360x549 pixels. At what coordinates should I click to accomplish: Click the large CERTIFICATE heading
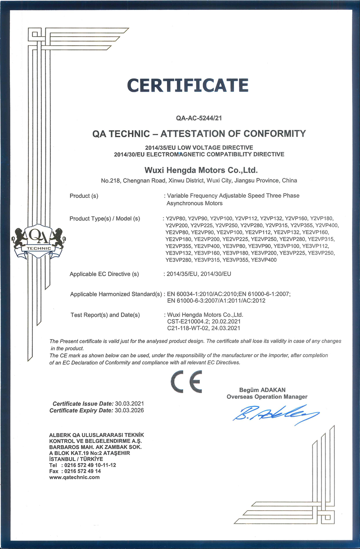click(188, 85)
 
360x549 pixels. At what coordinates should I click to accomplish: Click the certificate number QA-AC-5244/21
click(200, 119)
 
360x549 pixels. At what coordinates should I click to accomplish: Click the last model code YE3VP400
click(264, 260)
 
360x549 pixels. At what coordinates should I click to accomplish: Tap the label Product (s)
click(84, 196)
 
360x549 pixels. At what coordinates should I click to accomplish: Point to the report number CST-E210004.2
click(185, 321)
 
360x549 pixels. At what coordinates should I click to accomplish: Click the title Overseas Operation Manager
click(267, 397)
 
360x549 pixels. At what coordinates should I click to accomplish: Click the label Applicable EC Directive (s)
click(104, 274)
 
